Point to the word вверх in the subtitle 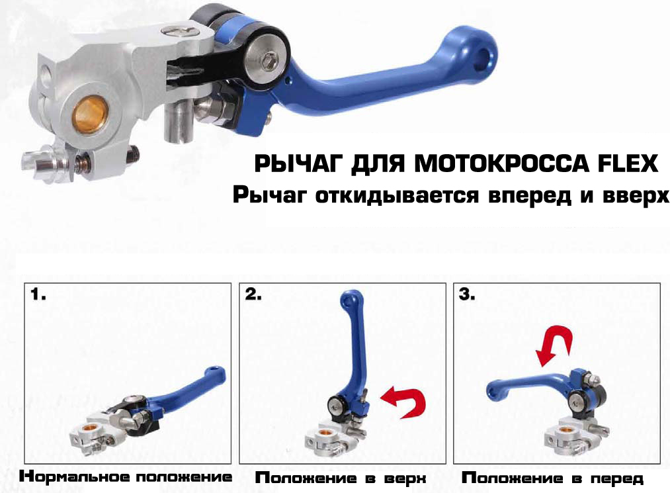point(636,195)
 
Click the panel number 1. point(38,294)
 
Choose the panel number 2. point(253,294)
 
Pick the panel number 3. point(467,294)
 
